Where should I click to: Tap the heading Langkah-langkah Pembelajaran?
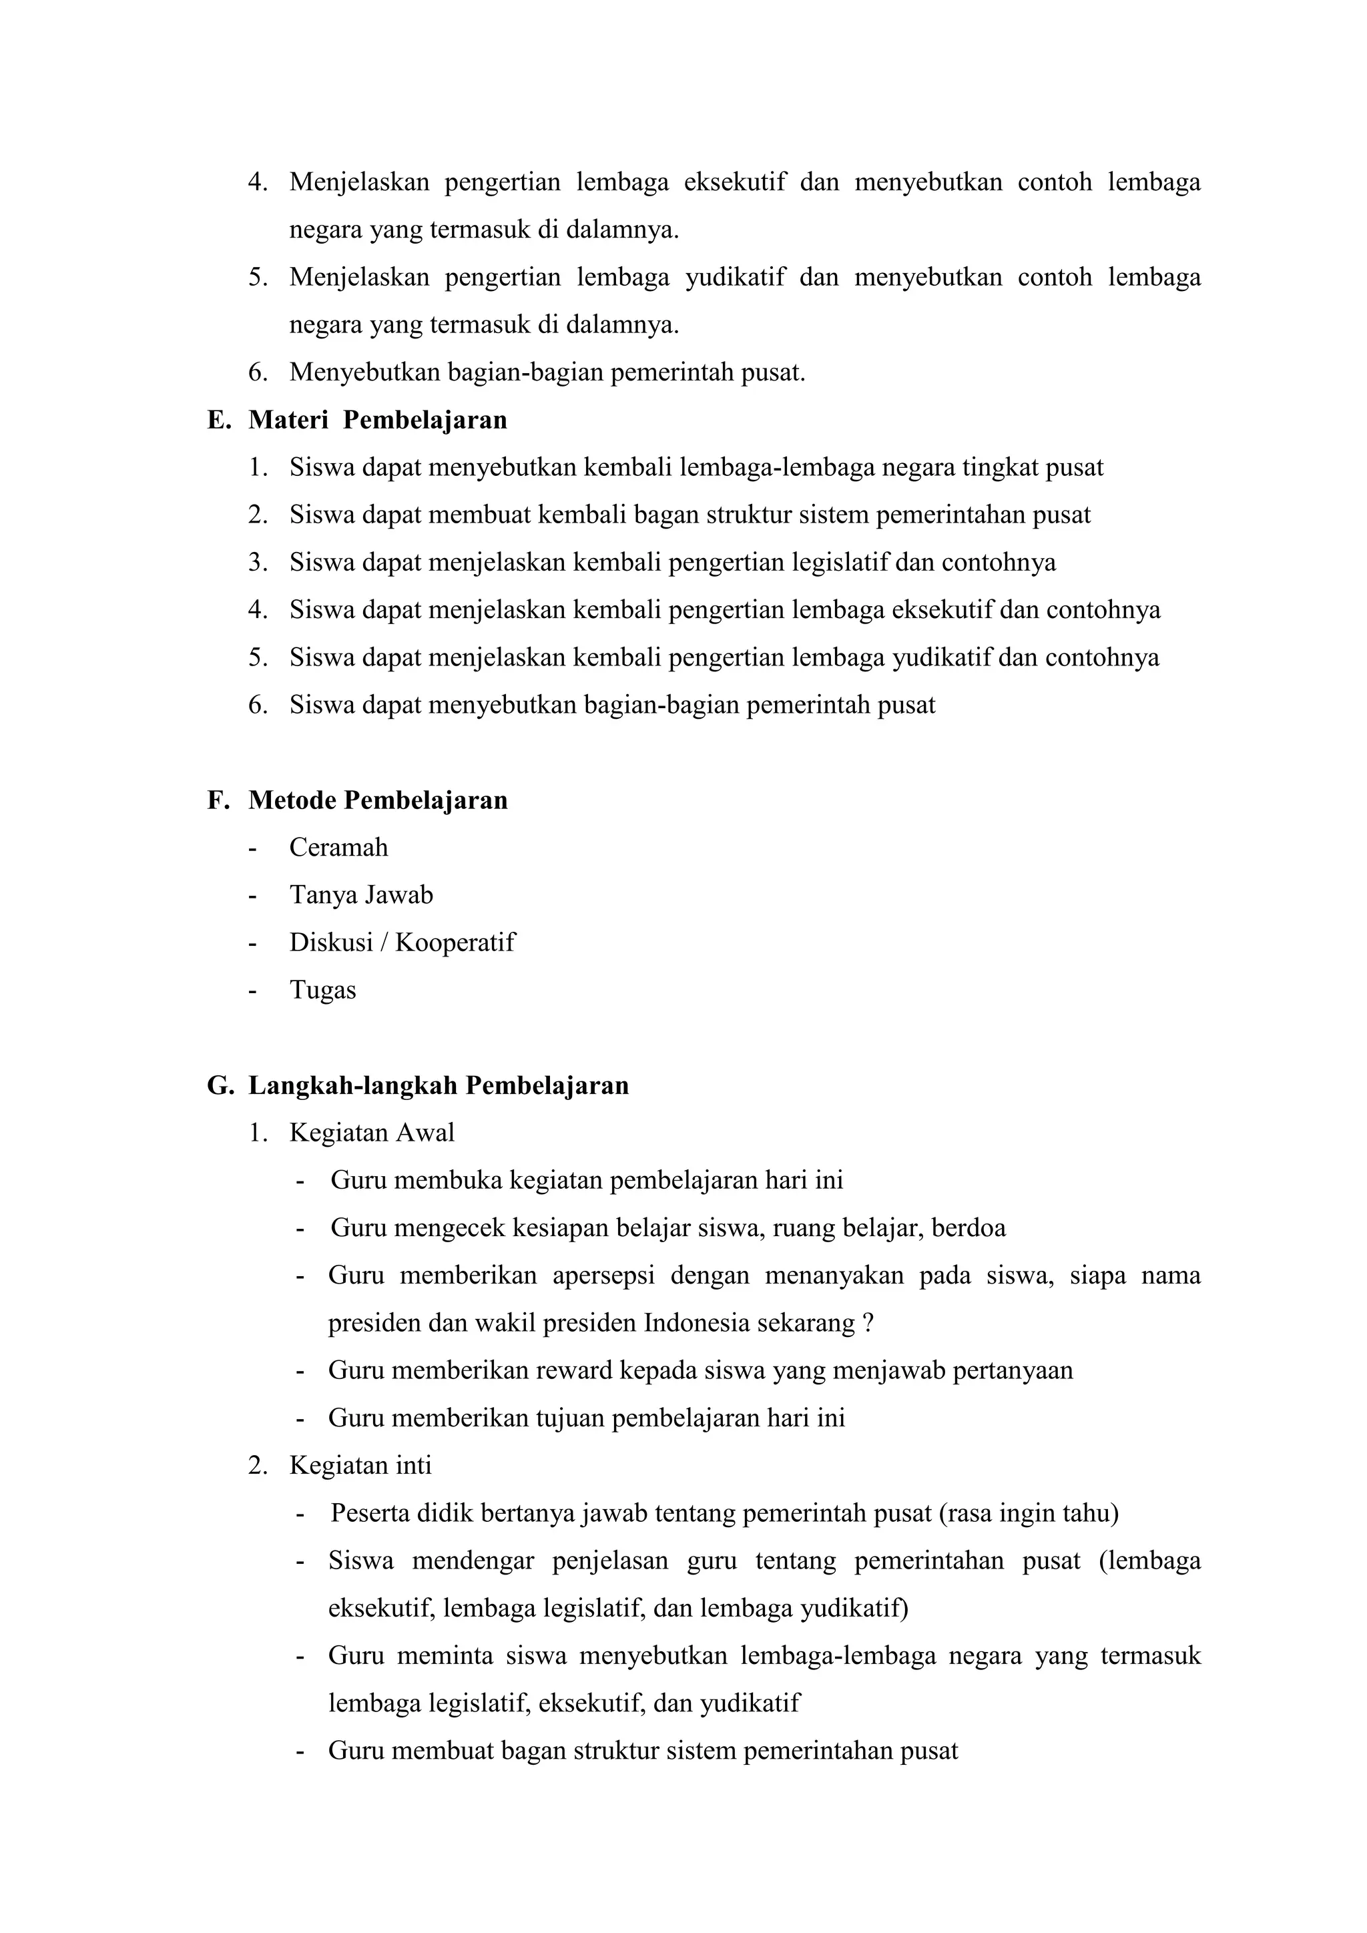click(x=438, y=1085)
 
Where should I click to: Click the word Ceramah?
click(x=338, y=847)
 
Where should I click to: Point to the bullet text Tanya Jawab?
click(x=361, y=895)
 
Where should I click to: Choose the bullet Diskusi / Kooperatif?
click(x=402, y=942)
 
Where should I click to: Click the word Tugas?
click(x=322, y=990)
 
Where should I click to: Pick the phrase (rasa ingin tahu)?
click(x=1027, y=1514)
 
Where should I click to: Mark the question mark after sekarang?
click(x=868, y=1324)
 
